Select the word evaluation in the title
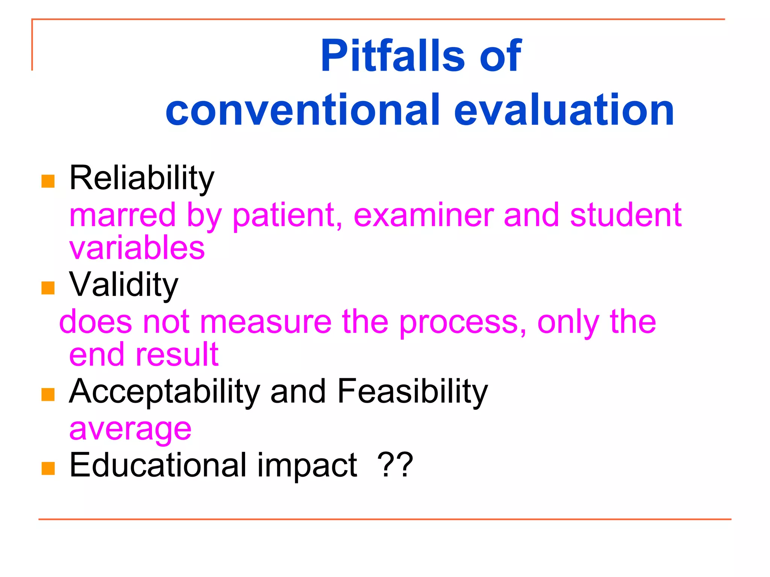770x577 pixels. [564, 110]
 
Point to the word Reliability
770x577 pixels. [142, 178]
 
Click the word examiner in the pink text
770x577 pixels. [423, 215]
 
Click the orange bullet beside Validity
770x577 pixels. [48, 288]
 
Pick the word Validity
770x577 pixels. [124, 285]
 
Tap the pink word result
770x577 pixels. [177, 355]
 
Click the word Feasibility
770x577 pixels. [412, 391]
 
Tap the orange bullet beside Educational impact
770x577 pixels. [48, 468]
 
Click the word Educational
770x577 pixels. [158, 465]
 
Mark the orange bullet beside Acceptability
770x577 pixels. [48, 394]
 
